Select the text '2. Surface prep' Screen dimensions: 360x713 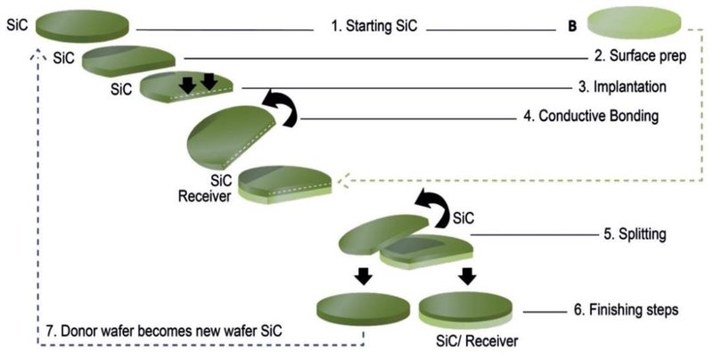tap(638, 57)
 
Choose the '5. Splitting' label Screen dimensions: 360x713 tap(634, 235)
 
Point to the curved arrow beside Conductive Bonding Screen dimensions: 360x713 tap(281, 103)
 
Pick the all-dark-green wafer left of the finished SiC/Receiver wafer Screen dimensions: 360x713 tap(362, 307)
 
